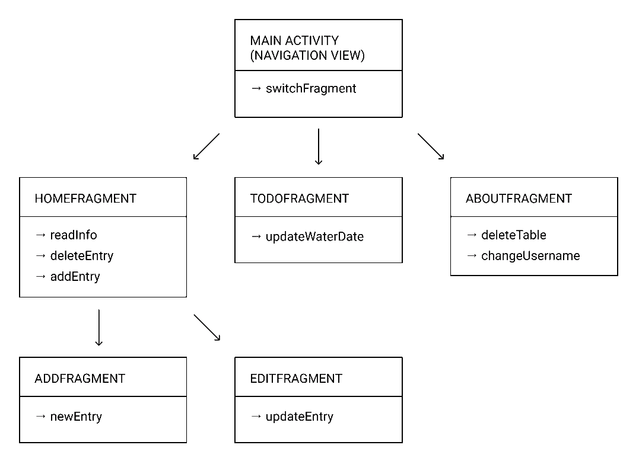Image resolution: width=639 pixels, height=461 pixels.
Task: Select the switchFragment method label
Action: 311,89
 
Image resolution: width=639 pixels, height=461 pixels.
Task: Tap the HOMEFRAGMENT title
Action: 85,199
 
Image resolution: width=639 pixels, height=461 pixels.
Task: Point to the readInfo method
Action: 74,235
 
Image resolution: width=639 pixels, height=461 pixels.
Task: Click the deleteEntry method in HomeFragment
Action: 81,256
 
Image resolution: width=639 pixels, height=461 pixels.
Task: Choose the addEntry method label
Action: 75,277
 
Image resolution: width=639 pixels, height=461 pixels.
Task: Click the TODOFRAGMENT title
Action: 300,199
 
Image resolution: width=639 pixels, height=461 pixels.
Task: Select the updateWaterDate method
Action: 314,236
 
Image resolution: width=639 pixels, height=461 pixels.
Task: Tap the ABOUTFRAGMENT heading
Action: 519,199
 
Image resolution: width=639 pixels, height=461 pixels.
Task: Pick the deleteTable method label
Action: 514,235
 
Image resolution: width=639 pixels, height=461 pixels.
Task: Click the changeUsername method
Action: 530,256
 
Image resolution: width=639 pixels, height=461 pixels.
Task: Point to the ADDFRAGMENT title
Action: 80,379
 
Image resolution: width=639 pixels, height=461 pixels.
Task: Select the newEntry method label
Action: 76,417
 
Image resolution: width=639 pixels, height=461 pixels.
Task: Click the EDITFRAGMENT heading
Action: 296,379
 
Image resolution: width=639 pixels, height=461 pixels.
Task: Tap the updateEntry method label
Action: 300,417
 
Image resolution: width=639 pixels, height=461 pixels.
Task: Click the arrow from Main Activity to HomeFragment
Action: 206,146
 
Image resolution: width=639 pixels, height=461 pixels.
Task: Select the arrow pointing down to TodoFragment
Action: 319,146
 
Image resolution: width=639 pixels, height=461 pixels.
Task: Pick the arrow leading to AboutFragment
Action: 431,146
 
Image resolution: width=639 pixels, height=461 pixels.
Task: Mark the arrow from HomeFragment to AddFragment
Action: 98,328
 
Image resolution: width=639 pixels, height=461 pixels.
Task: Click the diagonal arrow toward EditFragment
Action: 207,327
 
